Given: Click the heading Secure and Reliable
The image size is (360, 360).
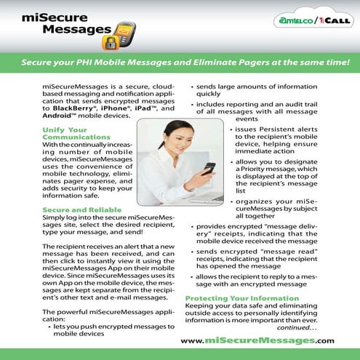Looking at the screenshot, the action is (x=79, y=209).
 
